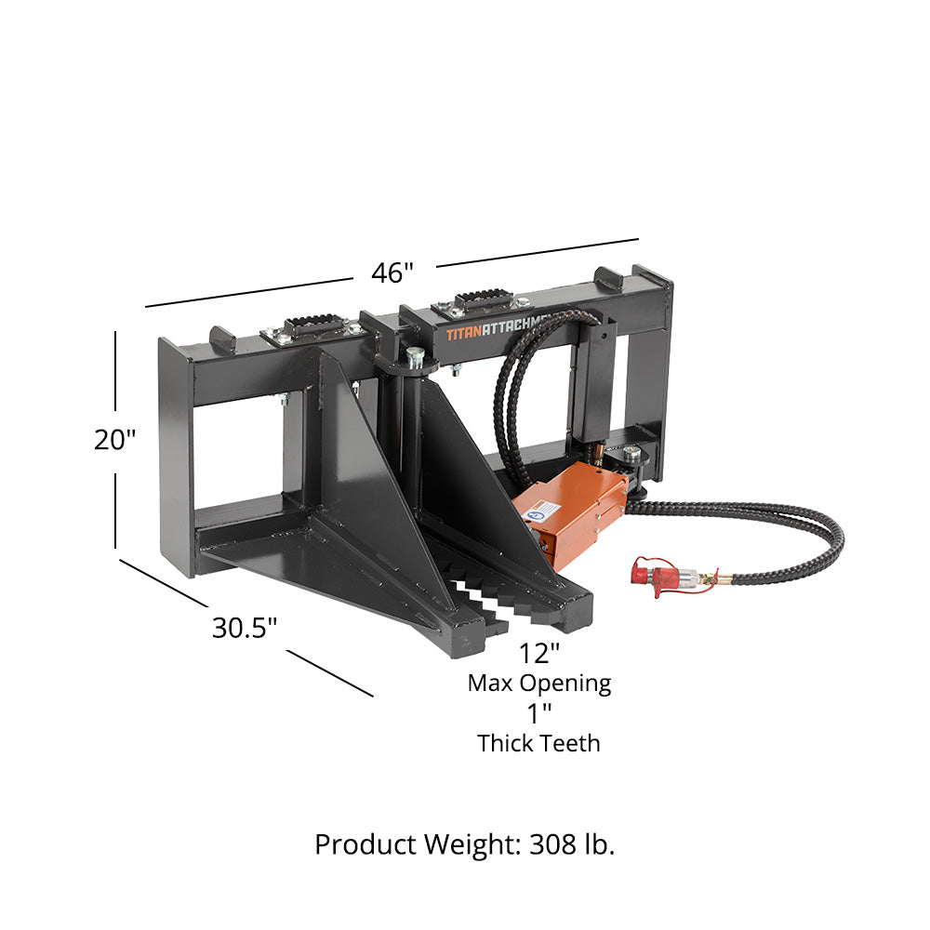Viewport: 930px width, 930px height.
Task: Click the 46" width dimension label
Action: (392, 273)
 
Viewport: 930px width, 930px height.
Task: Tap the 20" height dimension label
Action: (115, 439)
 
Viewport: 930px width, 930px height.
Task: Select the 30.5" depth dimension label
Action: (245, 628)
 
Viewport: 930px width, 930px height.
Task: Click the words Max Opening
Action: (538, 684)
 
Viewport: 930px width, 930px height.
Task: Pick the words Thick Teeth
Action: (538, 743)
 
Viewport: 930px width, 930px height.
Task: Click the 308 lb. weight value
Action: (572, 844)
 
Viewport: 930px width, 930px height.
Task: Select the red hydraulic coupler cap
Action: (655, 576)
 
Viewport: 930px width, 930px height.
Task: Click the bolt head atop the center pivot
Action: (414, 356)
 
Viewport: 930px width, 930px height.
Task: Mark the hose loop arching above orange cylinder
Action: (521, 372)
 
